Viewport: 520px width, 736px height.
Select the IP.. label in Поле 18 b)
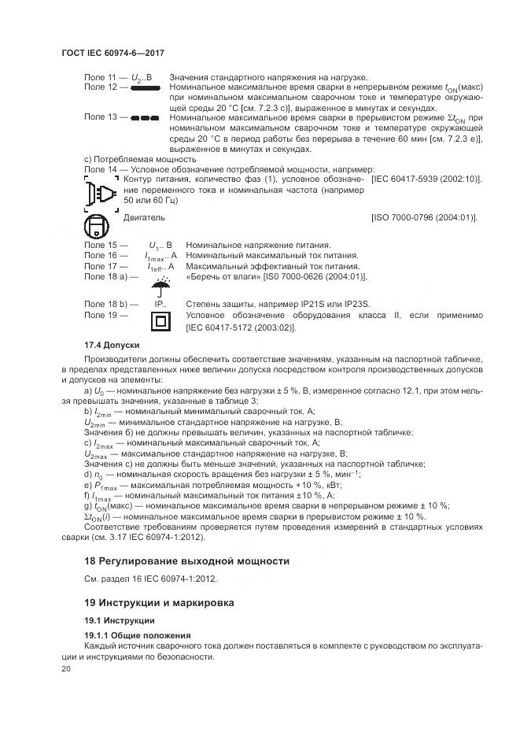point(160,304)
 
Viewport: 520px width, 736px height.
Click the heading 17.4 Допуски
point(112,346)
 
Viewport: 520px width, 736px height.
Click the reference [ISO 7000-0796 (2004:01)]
point(424,217)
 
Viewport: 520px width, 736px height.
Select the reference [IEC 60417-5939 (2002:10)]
point(426,179)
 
